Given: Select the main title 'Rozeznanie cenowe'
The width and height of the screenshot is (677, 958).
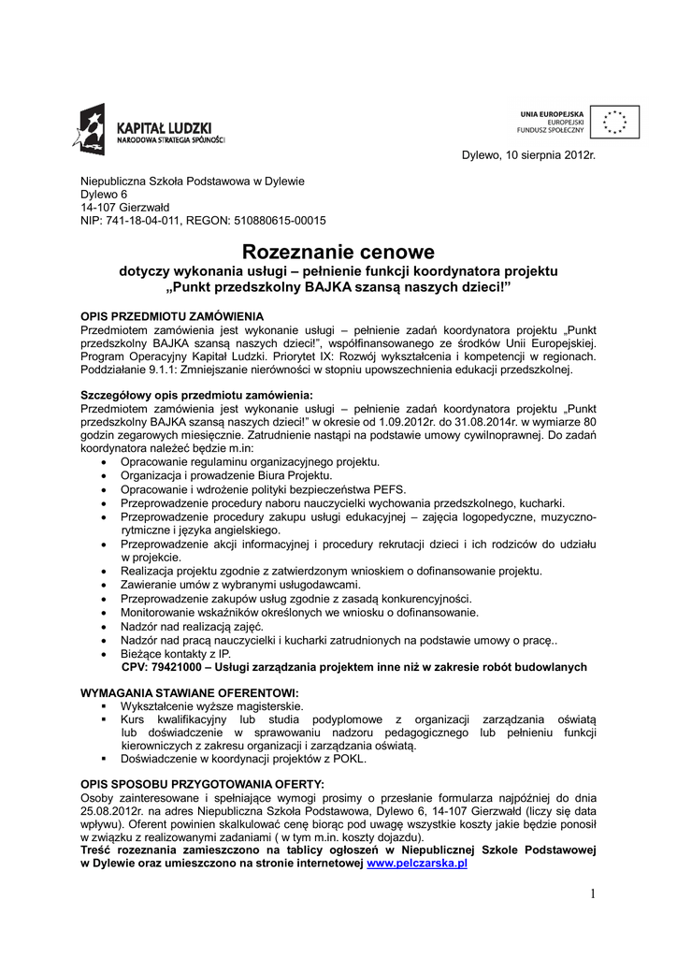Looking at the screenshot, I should [x=338, y=252].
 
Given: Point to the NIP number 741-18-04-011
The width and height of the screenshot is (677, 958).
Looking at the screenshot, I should [x=143, y=221].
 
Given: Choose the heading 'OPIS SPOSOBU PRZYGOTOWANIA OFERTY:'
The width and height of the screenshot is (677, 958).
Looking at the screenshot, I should [x=202, y=783].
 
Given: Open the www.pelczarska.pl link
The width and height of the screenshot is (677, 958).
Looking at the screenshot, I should [x=416, y=864].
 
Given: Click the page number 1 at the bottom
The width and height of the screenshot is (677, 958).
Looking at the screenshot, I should [x=593, y=894].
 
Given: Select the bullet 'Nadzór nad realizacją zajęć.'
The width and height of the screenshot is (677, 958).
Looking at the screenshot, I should [x=192, y=626].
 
